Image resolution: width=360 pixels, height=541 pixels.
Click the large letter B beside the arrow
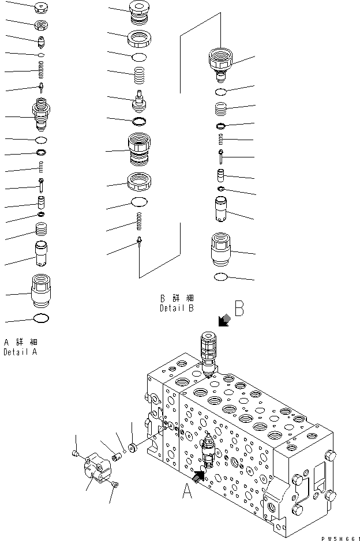point(239,308)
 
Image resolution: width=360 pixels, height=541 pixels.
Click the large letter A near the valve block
point(187,491)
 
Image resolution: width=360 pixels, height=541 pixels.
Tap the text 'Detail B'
point(177,308)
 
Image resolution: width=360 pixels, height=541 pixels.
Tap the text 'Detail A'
point(20,352)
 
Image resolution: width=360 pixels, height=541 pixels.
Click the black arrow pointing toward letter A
point(199,476)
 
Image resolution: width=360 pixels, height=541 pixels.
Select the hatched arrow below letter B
point(224,320)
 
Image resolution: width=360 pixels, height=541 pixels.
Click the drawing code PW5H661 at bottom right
point(340,538)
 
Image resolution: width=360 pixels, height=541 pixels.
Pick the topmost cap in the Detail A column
point(42,7)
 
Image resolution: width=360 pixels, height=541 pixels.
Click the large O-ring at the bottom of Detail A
point(41,318)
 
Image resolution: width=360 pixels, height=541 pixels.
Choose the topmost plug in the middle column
point(140,12)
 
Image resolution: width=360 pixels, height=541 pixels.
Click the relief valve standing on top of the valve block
point(208,353)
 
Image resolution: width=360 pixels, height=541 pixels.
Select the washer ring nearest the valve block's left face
point(132,448)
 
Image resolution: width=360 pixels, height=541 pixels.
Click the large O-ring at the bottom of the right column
point(220,277)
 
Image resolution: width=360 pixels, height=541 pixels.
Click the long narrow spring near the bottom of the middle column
point(140,221)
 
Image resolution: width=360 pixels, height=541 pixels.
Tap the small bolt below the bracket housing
point(115,484)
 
